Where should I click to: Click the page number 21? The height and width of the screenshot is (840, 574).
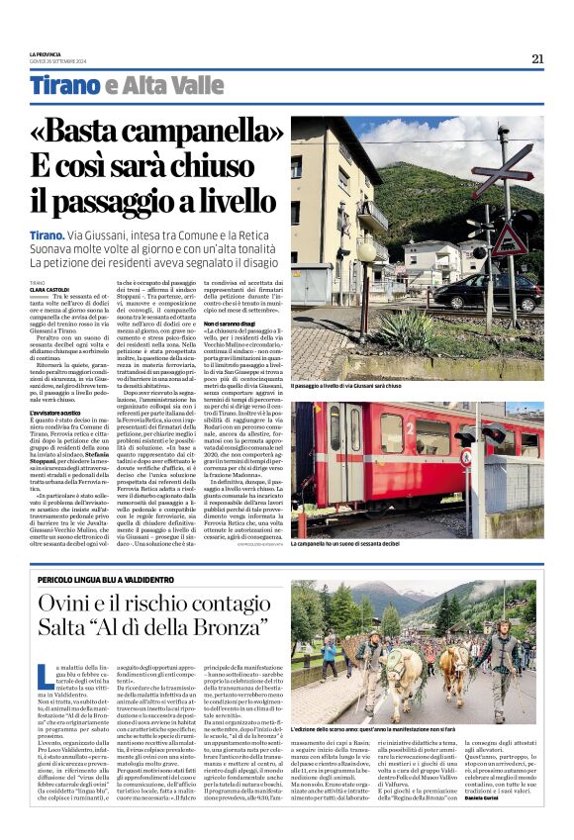(537, 58)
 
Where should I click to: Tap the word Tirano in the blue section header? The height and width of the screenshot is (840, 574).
(64, 85)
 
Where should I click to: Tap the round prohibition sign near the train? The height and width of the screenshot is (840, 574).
(466, 456)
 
